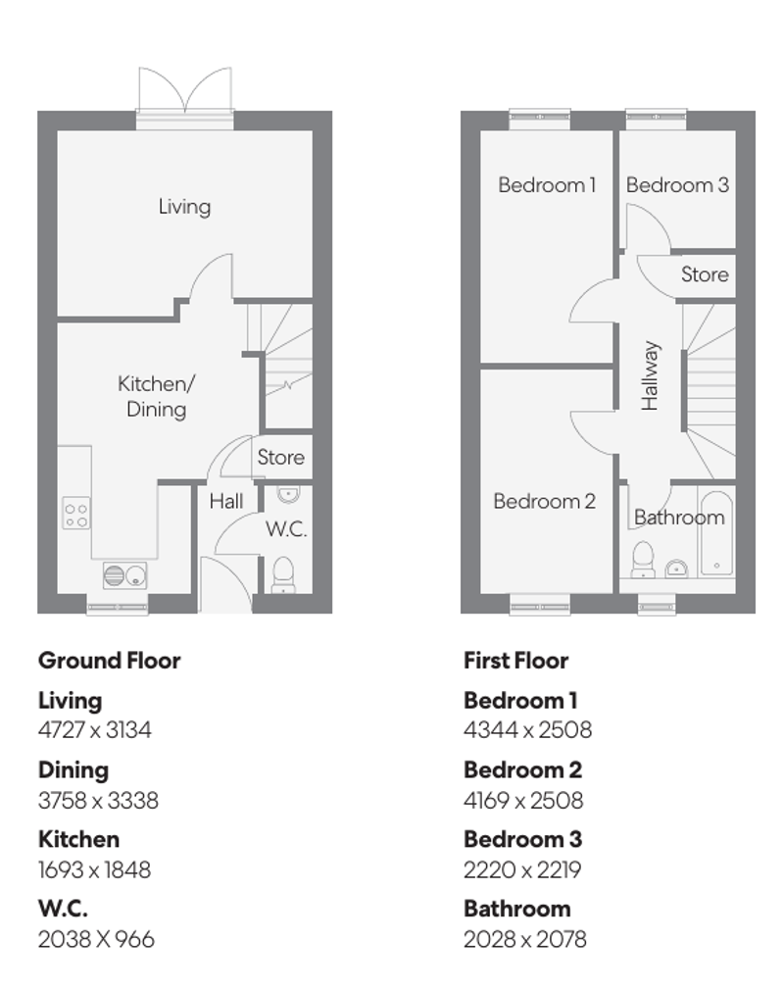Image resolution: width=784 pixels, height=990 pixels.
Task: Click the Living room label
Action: point(184,207)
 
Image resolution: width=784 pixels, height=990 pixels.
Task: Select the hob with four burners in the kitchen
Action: point(76,513)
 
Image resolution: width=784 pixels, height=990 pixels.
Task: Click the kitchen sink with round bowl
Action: point(124,574)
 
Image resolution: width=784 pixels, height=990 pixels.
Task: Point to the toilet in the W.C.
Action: point(282,573)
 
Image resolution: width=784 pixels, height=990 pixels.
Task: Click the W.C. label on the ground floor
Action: point(286,529)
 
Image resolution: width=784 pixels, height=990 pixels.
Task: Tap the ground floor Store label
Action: point(280,458)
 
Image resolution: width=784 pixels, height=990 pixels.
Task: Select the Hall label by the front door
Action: point(226,502)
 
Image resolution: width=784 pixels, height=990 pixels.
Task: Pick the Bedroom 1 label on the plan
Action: point(547,184)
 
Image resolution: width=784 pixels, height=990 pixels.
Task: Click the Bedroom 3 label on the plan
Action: point(677,184)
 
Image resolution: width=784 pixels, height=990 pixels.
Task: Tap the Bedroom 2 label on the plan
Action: point(544,502)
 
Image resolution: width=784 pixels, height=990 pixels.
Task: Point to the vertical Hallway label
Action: point(650,375)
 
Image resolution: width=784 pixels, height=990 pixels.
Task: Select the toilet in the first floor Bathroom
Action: point(644,559)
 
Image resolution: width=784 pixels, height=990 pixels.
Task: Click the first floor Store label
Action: point(705,274)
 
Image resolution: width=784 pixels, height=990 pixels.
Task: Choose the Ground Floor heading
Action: point(109,661)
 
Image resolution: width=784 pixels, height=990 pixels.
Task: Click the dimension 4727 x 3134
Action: point(95,730)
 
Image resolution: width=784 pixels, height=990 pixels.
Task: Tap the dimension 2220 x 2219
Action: point(520,869)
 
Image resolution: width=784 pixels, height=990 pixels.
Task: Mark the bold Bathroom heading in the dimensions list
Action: point(516,909)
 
